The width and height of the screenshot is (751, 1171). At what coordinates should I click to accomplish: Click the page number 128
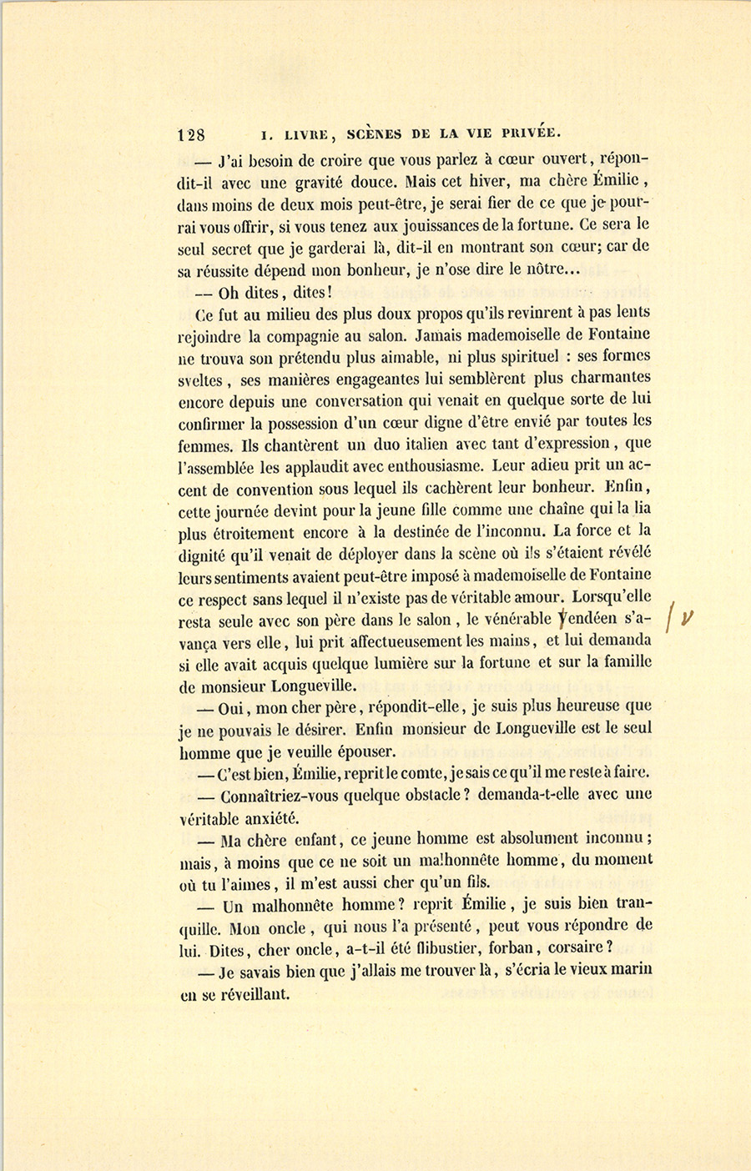point(193,135)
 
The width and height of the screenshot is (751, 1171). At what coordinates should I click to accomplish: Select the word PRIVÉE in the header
point(528,133)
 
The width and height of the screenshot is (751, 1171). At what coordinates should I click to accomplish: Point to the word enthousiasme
point(435,466)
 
